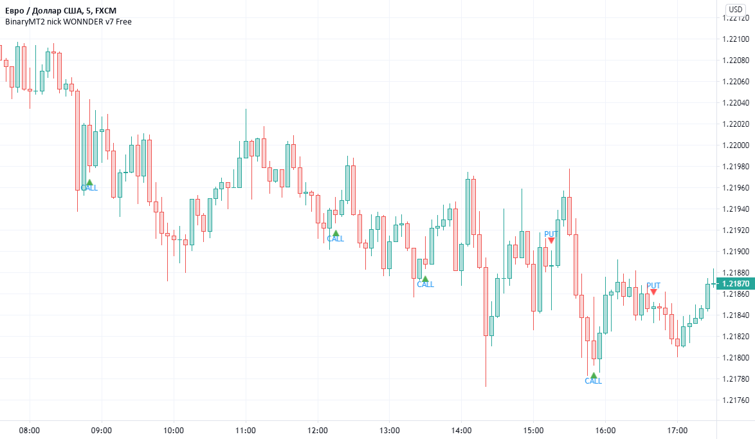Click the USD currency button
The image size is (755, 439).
tap(736, 9)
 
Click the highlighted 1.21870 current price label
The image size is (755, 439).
tap(736, 283)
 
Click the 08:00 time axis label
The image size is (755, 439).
tap(30, 430)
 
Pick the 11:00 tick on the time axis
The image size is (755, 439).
tap(246, 430)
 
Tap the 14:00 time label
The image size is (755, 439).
tap(462, 430)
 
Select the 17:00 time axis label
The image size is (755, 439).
tap(678, 430)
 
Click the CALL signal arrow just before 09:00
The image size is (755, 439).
tap(90, 182)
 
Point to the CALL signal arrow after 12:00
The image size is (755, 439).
tap(335, 233)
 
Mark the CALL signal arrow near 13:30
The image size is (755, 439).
tap(425, 279)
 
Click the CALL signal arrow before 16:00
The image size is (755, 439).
tap(594, 375)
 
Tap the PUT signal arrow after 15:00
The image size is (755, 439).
tap(551, 240)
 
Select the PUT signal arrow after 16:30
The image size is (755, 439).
tap(653, 292)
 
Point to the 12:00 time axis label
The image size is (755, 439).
tap(318, 430)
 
